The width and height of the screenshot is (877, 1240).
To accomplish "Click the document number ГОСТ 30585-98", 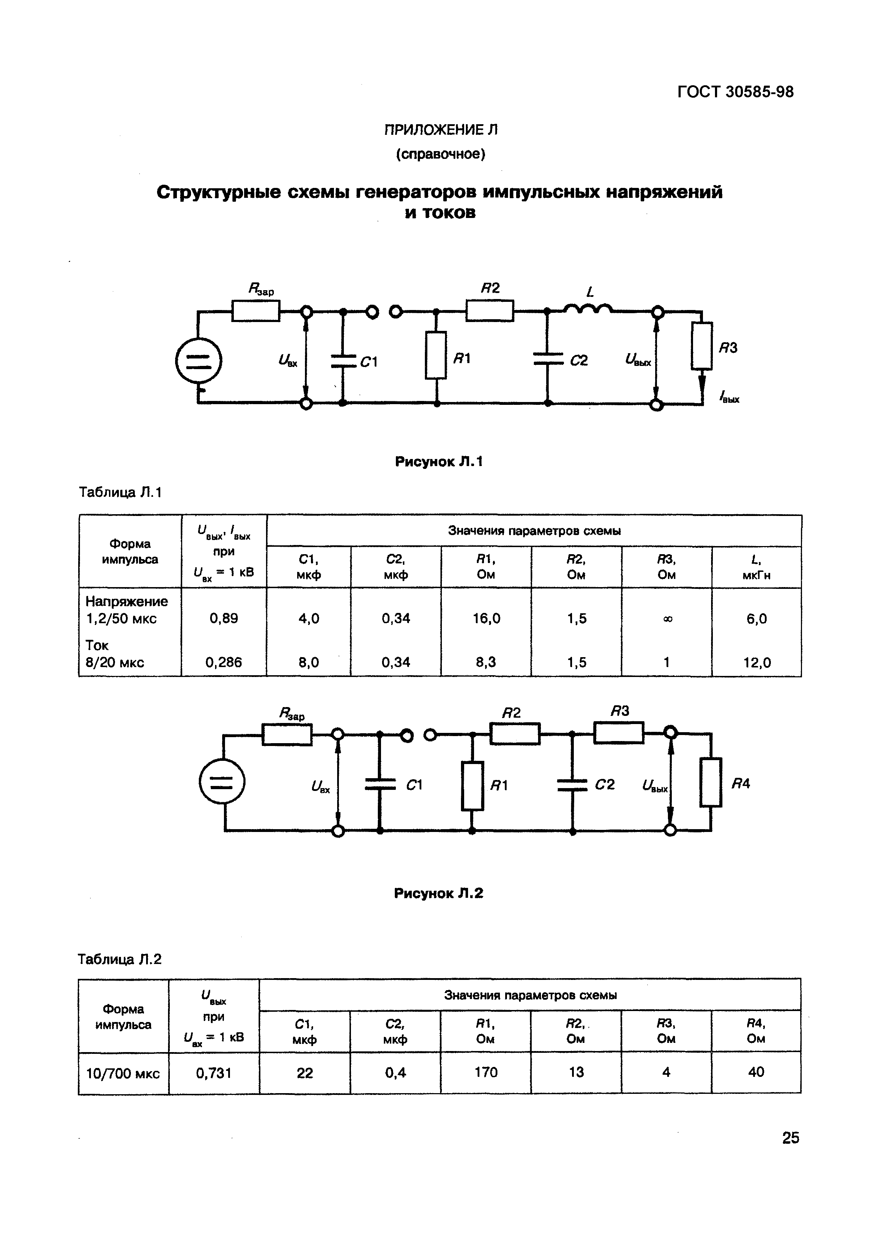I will pyautogui.click(x=735, y=92).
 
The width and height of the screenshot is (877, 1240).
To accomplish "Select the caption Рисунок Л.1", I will pyautogui.click(x=439, y=462).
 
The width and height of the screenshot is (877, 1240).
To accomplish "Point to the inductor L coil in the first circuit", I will pyautogui.click(x=588, y=309).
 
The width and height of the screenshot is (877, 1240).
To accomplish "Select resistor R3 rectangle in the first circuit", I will pyautogui.click(x=702, y=346).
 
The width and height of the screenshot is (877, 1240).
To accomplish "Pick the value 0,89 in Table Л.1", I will pyautogui.click(x=224, y=618).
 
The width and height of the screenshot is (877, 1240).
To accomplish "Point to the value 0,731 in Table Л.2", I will pyautogui.click(x=214, y=1073).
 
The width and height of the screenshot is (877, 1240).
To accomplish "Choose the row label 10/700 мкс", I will pyautogui.click(x=123, y=1073).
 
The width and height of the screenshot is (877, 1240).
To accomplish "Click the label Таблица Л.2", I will pyautogui.click(x=120, y=959).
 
